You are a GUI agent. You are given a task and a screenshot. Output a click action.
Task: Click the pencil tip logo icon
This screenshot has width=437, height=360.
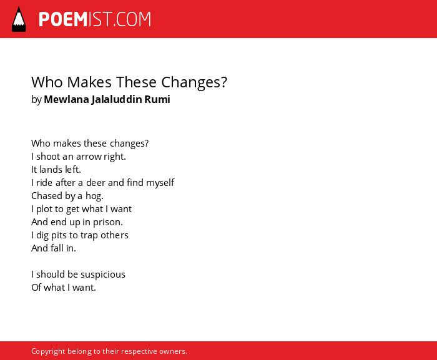(x=19, y=19)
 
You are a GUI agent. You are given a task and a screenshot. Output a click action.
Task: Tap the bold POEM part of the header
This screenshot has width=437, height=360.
(x=63, y=19)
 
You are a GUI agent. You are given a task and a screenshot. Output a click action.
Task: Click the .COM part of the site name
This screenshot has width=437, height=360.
(x=132, y=19)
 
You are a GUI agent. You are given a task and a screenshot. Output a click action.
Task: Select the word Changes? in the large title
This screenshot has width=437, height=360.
(x=194, y=82)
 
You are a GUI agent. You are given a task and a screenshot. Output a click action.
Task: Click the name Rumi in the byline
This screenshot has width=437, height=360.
(x=157, y=99)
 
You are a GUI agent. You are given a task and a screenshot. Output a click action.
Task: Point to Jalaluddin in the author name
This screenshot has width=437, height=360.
(x=117, y=99)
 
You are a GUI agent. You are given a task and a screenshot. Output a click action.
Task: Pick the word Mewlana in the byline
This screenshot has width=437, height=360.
(x=66, y=99)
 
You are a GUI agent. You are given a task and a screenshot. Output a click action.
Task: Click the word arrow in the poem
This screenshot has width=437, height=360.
(x=89, y=157)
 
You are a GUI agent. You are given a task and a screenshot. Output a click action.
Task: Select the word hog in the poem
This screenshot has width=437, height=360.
(x=94, y=196)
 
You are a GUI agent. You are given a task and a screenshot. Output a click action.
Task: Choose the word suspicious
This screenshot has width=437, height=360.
(x=103, y=275)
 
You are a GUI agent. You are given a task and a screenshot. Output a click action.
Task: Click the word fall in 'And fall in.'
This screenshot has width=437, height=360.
(x=57, y=248)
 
